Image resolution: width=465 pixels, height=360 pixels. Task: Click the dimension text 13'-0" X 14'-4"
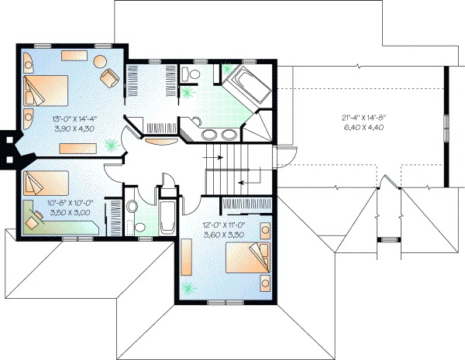coord(74,118)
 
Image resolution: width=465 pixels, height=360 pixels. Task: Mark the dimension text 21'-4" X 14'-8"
coord(363,118)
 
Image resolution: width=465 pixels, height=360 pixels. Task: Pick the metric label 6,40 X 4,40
coord(363,127)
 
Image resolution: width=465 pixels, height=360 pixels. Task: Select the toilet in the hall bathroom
coord(133,207)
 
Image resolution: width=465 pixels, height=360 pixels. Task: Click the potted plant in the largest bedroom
coord(113,143)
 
